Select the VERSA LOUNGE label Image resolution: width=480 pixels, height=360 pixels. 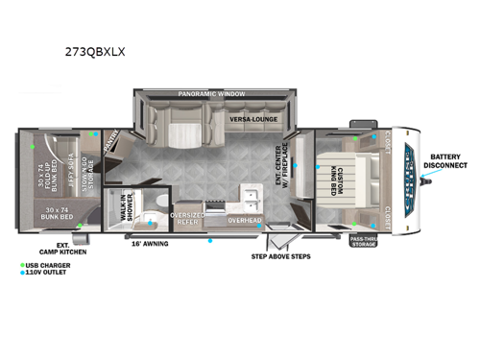(253, 120)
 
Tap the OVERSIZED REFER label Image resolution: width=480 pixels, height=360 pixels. (186, 216)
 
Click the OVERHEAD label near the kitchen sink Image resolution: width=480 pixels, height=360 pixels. (245, 220)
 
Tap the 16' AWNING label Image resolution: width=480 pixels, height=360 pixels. (150, 243)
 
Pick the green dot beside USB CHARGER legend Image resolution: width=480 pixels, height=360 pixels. (21, 263)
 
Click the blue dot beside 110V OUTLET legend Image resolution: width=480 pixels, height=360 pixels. (21, 272)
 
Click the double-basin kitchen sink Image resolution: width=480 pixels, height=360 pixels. (252, 199)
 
